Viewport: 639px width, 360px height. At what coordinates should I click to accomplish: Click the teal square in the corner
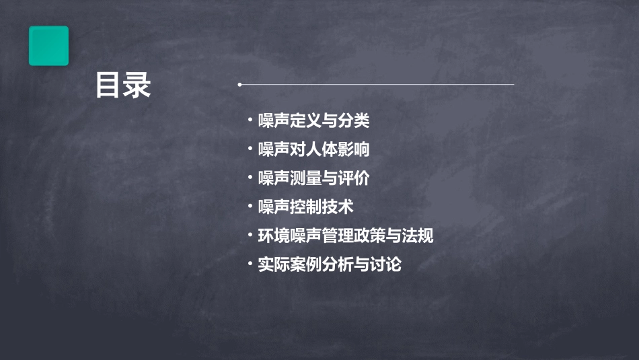tap(48, 46)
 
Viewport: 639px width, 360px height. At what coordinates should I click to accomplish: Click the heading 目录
tap(123, 86)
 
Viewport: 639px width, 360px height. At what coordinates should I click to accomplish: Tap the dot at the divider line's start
tap(239, 85)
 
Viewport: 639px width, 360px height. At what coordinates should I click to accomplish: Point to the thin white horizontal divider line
tap(377, 85)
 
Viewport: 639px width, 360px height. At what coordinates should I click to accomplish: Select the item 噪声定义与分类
tap(313, 121)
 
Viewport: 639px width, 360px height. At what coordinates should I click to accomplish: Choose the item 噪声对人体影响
tap(313, 149)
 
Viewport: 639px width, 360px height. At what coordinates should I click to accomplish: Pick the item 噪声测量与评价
tap(313, 178)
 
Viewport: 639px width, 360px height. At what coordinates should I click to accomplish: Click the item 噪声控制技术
tap(305, 207)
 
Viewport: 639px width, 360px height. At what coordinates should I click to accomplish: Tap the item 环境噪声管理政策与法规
tap(346, 236)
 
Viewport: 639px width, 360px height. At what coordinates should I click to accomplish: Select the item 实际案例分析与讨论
tap(330, 264)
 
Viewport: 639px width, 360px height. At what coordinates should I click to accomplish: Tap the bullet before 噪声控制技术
tap(250, 207)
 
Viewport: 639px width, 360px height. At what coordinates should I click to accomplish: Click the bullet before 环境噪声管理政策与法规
tap(250, 236)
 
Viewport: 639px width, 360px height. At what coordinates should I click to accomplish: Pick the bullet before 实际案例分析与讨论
tap(250, 264)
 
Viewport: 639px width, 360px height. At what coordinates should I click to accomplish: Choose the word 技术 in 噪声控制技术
tap(338, 207)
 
